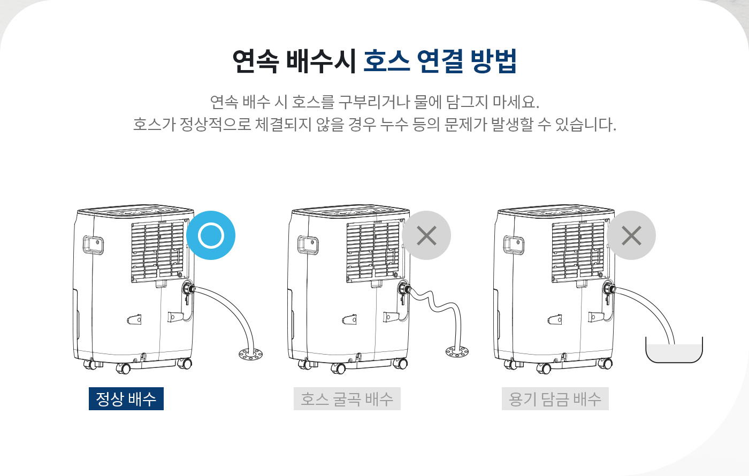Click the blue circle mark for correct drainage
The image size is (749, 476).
(x=211, y=235)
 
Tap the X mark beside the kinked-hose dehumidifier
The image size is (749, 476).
(x=426, y=235)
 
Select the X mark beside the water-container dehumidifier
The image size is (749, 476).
(x=631, y=235)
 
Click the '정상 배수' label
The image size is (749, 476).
(x=126, y=399)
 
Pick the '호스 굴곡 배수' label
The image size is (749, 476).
(x=347, y=399)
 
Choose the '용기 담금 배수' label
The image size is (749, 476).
(x=555, y=399)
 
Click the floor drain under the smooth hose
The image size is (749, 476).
(x=250, y=354)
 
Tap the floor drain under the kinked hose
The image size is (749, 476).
(x=457, y=352)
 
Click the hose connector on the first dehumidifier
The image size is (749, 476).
(x=188, y=289)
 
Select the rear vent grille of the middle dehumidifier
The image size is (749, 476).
(x=373, y=251)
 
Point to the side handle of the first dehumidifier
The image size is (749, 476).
(x=93, y=244)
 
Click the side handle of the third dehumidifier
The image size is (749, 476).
(x=514, y=244)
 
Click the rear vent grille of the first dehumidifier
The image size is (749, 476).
(x=158, y=251)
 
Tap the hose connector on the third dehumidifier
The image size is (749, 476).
(x=609, y=289)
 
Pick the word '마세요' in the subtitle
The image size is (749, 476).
(x=515, y=102)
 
